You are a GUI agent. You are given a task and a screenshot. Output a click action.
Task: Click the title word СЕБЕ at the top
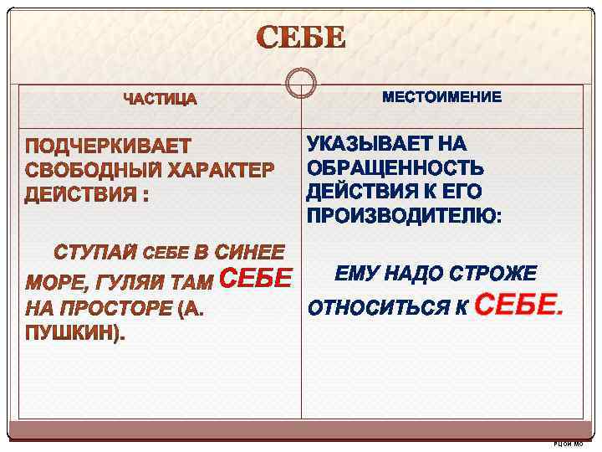tap(300, 39)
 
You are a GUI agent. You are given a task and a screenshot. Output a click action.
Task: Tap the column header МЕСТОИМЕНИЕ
tap(442, 98)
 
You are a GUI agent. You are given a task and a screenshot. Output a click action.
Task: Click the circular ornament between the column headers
tap(300, 83)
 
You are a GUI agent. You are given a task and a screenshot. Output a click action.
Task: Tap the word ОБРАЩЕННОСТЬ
tap(395, 167)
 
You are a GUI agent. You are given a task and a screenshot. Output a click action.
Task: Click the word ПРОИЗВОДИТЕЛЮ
tap(403, 217)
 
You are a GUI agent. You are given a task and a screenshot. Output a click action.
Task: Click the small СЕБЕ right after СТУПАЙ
tap(167, 253)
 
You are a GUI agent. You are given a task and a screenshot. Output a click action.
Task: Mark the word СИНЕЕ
tap(250, 252)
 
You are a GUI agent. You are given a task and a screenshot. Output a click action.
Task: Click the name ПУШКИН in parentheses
tap(72, 334)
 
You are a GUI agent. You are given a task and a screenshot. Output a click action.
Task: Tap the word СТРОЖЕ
tap(492, 274)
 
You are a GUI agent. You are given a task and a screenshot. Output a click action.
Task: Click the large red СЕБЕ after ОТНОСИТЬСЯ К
tap(518, 306)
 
